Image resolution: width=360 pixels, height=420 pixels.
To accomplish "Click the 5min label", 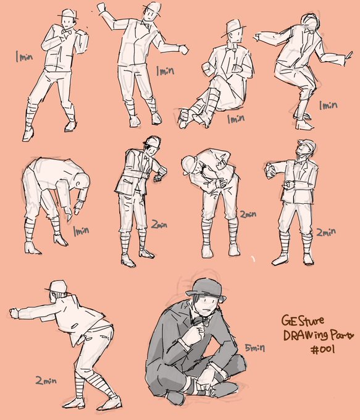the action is [255, 348].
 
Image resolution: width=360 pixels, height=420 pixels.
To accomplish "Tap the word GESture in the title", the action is [299, 320].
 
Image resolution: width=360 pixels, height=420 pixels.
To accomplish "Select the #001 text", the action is [322, 350].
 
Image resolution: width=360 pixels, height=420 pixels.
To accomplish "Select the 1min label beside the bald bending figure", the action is [81, 231].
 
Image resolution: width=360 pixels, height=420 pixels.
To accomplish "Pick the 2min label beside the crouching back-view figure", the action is [46, 380].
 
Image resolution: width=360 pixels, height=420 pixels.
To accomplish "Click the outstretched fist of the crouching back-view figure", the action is [14, 313].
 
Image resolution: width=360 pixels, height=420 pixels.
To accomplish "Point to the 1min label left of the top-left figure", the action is [24, 57].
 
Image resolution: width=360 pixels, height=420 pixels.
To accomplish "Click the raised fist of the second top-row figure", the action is [101, 7].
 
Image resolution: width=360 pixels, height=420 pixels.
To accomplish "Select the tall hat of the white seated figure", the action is [233, 27].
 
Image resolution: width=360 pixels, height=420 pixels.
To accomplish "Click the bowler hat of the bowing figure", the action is [189, 165].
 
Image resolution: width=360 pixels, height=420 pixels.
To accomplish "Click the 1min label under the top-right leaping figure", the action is [328, 105].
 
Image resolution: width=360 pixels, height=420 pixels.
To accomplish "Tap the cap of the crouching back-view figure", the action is [57, 287].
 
